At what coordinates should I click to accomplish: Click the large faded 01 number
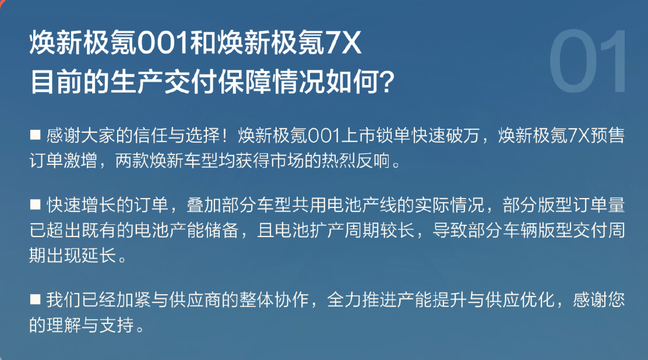click(587, 61)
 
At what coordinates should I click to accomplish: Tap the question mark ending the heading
click(387, 82)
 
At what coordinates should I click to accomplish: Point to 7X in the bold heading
click(343, 43)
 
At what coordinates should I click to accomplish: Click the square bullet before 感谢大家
click(35, 135)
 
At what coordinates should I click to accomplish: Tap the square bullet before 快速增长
click(35, 204)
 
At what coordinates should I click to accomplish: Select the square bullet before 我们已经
click(35, 299)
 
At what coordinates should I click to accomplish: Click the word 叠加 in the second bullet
click(204, 205)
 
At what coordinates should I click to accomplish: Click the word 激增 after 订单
click(81, 161)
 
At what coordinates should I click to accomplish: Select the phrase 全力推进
click(362, 299)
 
